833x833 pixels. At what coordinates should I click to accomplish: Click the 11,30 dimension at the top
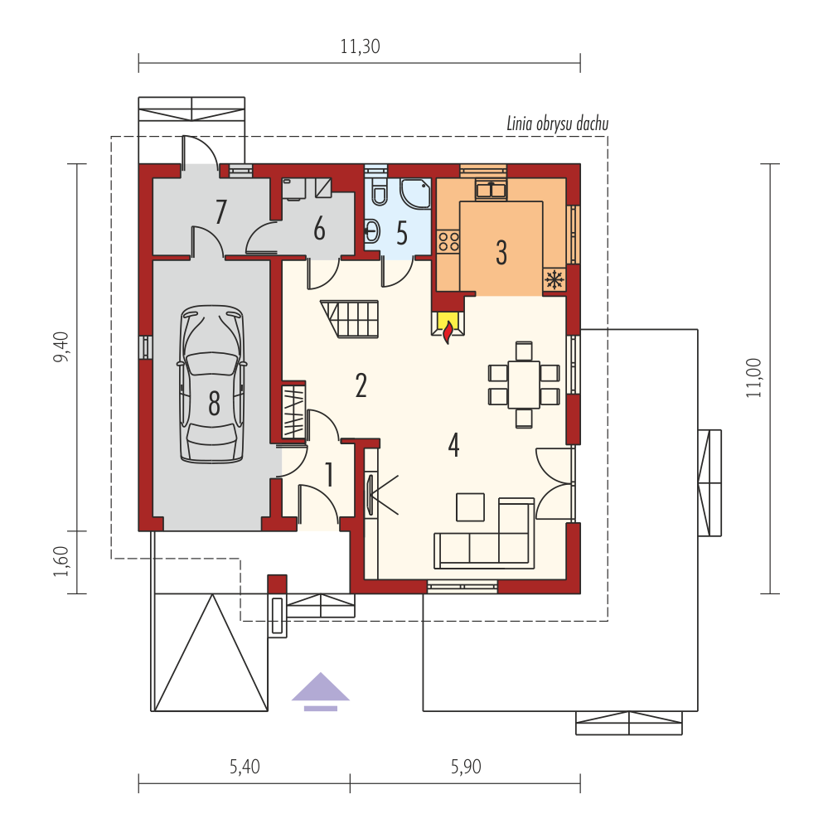click(360, 46)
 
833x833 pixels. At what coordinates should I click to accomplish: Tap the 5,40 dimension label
click(245, 767)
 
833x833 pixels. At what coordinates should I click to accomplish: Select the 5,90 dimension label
click(466, 767)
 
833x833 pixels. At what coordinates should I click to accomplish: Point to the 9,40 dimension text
click(61, 347)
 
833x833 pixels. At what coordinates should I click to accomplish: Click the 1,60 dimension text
click(61, 561)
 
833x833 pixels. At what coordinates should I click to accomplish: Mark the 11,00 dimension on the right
click(753, 378)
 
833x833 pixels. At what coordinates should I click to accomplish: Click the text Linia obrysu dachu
click(557, 123)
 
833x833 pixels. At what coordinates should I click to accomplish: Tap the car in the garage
click(212, 384)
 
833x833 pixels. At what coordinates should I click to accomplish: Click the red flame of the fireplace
click(448, 332)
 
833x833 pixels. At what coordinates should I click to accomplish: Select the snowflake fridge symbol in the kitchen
click(555, 278)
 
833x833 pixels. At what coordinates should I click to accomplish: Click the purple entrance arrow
click(320, 691)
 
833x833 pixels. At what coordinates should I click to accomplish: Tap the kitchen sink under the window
click(492, 190)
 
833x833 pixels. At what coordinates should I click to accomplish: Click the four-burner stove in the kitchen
click(448, 240)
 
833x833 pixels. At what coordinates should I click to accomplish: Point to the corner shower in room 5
click(415, 193)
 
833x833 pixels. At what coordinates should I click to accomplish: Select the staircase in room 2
click(350, 319)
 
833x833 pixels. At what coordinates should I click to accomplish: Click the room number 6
click(319, 230)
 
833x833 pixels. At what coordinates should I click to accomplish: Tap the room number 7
click(220, 211)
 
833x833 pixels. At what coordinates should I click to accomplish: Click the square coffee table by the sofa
click(470, 506)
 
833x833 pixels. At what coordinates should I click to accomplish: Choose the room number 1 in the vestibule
click(329, 474)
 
